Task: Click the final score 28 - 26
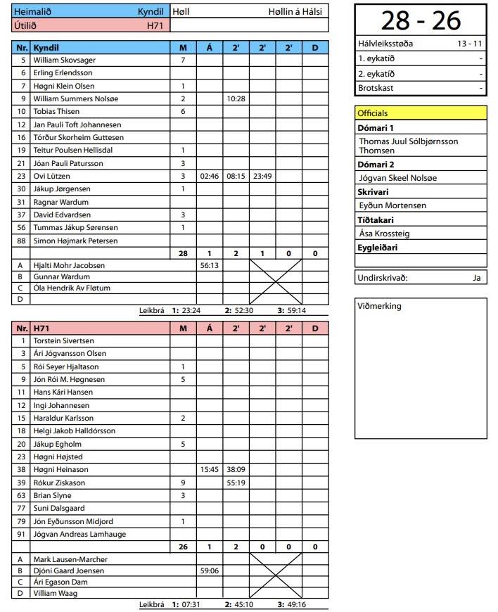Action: (x=421, y=21)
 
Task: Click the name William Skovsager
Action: (x=64, y=60)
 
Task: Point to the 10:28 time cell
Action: (x=236, y=99)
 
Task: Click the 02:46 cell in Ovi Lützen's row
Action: (x=210, y=176)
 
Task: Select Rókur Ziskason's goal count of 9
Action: (x=183, y=483)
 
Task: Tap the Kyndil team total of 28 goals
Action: (x=183, y=253)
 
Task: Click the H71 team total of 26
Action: (x=183, y=547)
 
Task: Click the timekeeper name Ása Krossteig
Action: (x=384, y=234)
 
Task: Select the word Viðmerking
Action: (x=379, y=306)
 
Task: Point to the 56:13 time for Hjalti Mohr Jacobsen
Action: (x=210, y=266)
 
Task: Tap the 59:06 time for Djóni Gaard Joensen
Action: (x=210, y=571)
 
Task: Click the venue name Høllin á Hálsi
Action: (x=295, y=12)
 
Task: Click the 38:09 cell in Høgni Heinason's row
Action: (x=236, y=470)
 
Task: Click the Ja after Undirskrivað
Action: (x=476, y=278)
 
